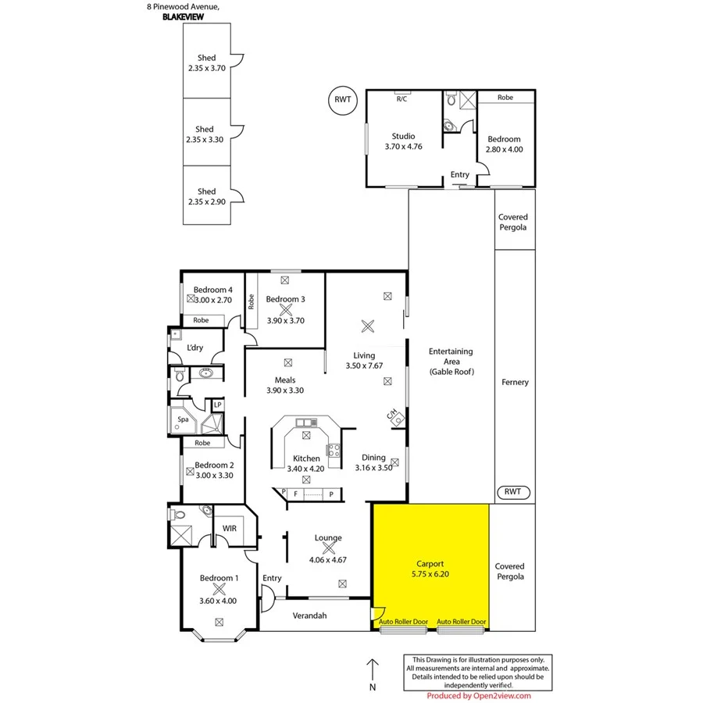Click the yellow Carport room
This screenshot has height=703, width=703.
click(430, 566)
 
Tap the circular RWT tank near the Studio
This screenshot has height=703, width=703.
click(341, 100)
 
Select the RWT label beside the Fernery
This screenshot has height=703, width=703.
click(513, 492)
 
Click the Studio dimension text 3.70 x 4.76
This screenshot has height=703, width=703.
click(403, 146)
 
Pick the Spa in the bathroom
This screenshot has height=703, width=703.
click(184, 419)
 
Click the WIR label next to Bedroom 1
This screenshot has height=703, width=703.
click(229, 529)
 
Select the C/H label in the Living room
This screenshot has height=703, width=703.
click(394, 414)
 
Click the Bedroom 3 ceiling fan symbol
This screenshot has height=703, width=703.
click(284, 310)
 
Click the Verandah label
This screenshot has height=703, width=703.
click(309, 616)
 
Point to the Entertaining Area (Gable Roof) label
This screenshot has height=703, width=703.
click(451, 362)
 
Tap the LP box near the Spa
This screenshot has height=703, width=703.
click(218, 405)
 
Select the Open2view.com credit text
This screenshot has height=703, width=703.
click(479, 695)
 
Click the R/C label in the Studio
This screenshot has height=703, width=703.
click(401, 99)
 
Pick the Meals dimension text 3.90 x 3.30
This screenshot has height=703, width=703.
click(285, 391)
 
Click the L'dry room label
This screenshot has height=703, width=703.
click(195, 348)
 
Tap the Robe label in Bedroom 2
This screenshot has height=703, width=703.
click(202, 442)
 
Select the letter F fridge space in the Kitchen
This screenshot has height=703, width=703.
click(294, 494)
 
